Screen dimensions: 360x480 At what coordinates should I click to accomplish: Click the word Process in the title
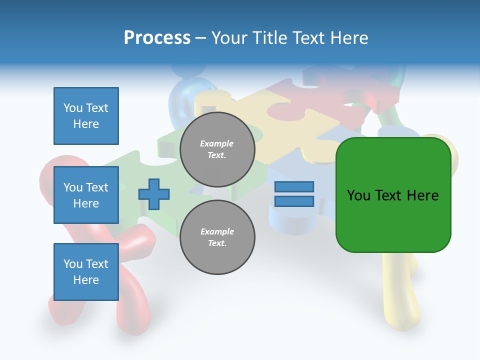click(157, 38)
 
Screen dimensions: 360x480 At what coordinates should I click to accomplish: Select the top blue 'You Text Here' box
click(86, 116)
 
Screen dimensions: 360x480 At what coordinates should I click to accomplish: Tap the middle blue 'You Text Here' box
click(86, 195)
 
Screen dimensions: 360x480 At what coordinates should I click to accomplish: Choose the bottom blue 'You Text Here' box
click(86, 272)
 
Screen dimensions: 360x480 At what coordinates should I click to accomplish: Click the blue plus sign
click(154, 194)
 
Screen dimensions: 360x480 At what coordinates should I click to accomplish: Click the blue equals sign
click(294, 194)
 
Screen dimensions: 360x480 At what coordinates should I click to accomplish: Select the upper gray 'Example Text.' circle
click(217, 149)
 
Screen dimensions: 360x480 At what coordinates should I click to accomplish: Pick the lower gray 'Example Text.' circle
click(217, 237)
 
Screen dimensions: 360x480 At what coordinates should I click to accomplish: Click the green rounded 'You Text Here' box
click(393, 195)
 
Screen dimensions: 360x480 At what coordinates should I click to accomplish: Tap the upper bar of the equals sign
click(294, 187)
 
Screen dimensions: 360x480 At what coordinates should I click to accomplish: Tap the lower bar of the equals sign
click(294, 201)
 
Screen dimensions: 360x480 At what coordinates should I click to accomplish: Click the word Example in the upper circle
click(217, 144)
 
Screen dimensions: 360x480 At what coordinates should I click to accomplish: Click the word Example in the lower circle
click(217, 232)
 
